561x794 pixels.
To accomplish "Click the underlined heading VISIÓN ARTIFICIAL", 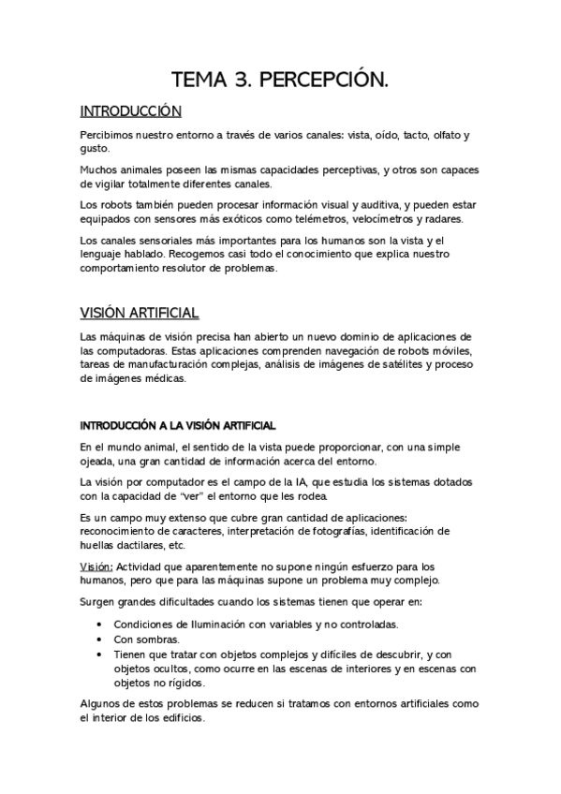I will (x=139, y=312).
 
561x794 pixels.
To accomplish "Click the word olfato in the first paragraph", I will (x=444, y=135).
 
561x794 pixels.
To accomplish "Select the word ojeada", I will (x=97, y=462).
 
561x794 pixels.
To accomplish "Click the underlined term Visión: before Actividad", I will (x=96, y=567).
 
